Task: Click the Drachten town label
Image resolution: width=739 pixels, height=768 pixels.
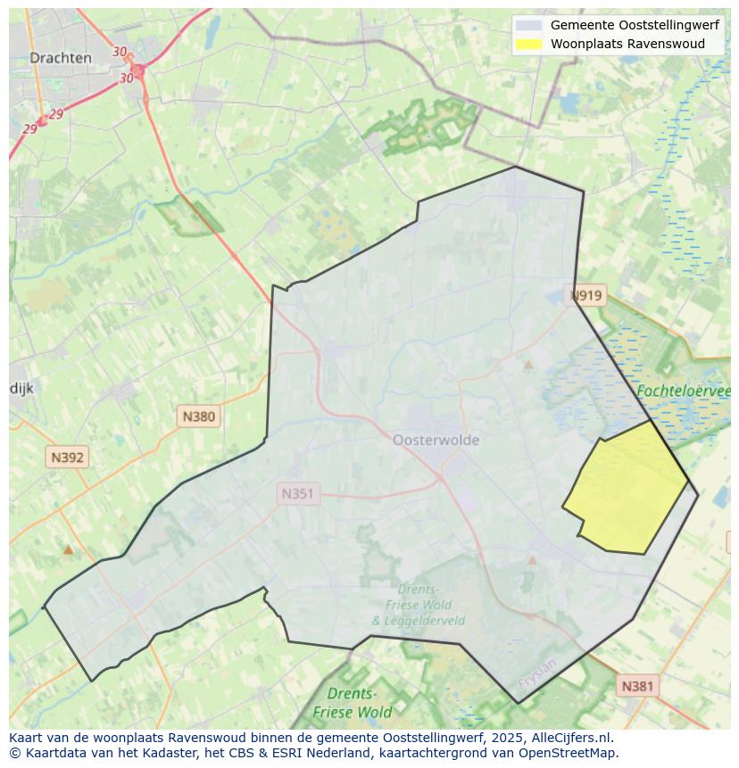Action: click(60, 58)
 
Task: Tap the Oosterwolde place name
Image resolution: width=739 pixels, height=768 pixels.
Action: click(436, 440)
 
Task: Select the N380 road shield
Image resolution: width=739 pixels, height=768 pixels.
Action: click(198, 416)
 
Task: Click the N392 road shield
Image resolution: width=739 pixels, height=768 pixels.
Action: click(67, 458)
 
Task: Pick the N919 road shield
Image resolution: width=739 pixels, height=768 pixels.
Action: click(587, 295)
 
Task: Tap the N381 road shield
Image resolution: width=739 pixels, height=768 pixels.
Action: click(636, 685)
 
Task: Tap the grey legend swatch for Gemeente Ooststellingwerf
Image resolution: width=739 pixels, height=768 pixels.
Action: click(528, 25)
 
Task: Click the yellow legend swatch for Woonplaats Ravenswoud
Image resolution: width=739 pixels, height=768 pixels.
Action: click(528, 44)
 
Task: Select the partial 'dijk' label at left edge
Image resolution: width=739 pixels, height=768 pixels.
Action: click(21, 388)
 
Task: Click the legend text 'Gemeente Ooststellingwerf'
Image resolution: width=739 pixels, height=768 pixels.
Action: click(635, 25)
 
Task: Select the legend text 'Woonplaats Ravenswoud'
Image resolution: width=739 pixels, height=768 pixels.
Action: click(627, 44)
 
